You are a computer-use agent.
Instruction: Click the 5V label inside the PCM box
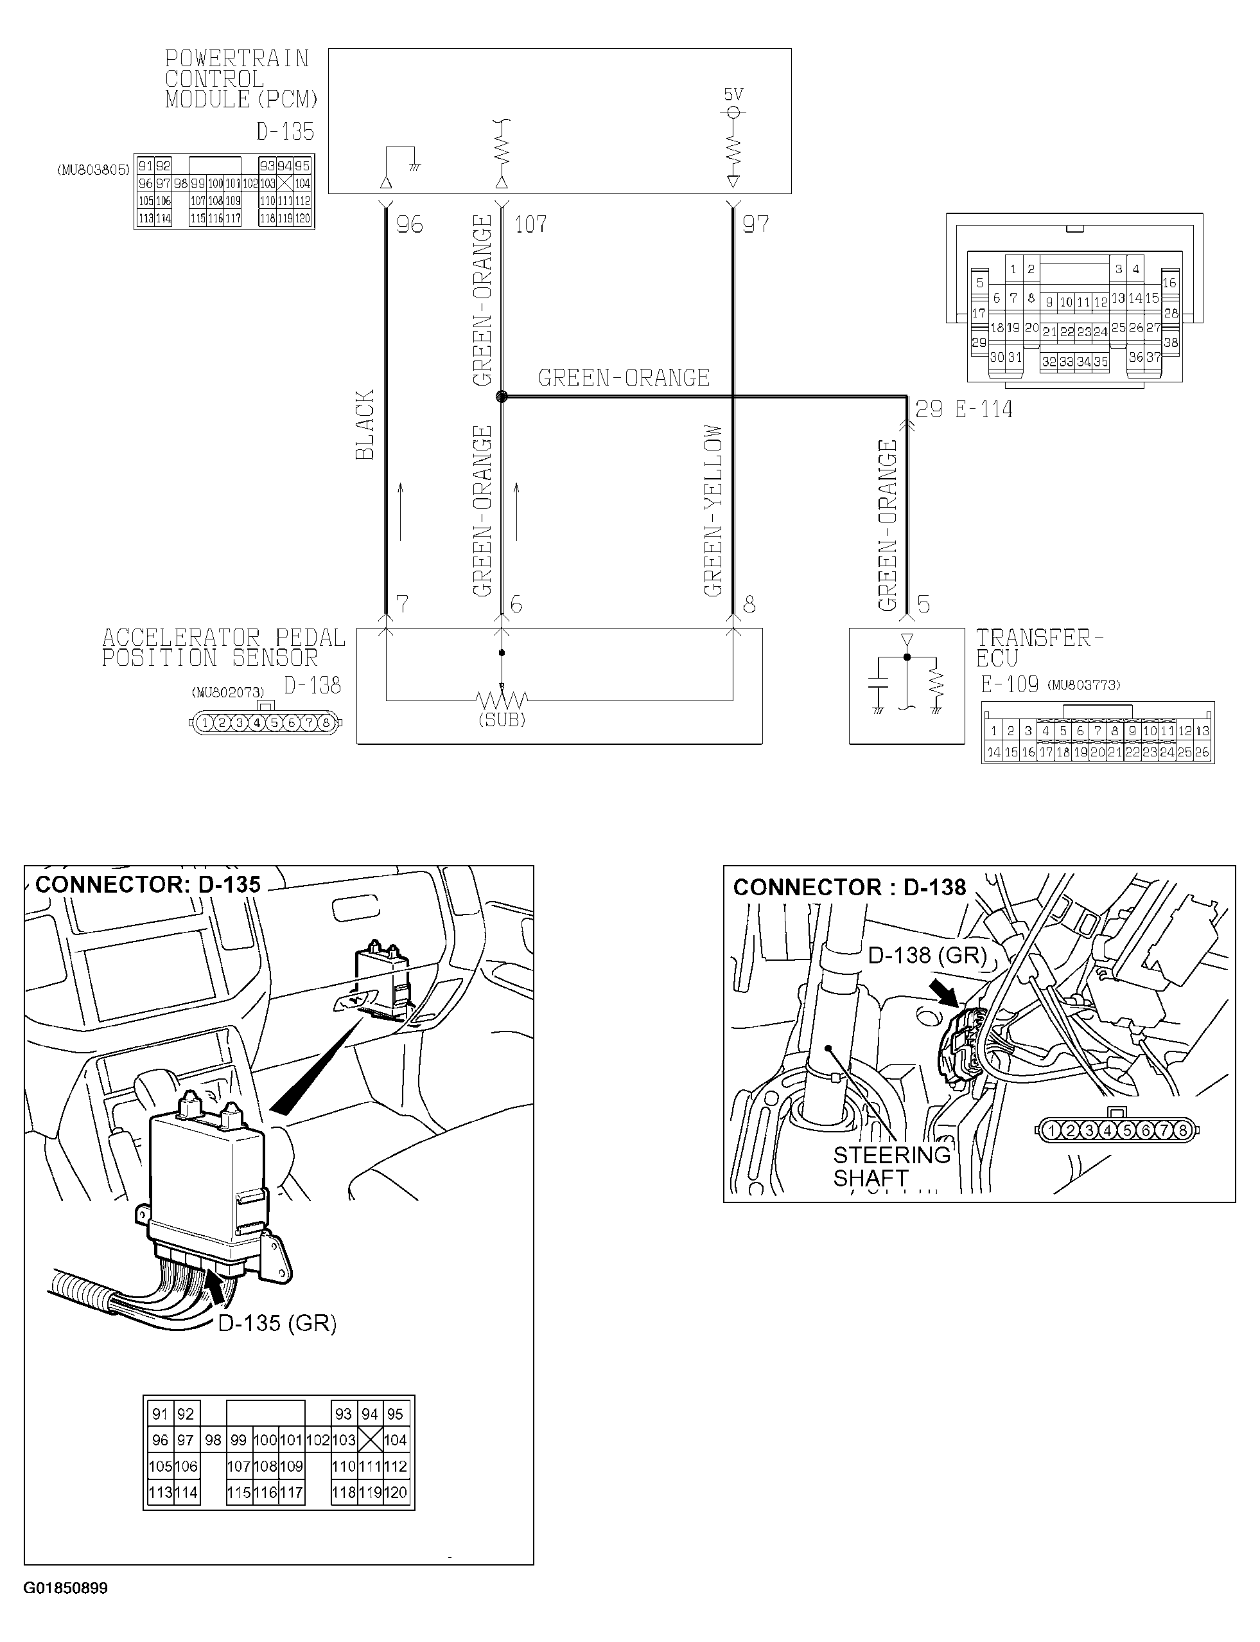[x=733, y=94]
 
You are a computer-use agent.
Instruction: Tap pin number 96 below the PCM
[x=410, y=224]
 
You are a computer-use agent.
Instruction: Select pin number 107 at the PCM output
[x=530, y=224]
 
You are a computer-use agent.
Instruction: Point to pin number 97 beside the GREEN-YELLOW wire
[x=755, y=224]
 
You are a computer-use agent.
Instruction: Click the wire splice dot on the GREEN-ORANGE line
[x=502, y=397]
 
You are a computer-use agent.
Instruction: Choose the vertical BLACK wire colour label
[x=365, y=425]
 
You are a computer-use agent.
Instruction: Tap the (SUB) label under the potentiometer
[x=502, y=720]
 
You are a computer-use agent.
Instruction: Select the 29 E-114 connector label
[x=964, y=410]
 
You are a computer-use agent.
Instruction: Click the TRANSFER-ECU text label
[x=1038, y=648]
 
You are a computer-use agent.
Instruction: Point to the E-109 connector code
[x=1010, y=684]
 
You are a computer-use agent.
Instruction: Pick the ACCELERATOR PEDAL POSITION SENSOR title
[x=223, y=648]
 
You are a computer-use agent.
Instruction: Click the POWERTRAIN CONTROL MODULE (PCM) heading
[x=241, y=79]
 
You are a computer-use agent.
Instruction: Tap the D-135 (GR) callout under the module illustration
[x=277, y=1323]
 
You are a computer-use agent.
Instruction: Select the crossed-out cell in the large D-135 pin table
[x=370, y=1440]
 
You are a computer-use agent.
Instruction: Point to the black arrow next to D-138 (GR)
[x=944, y=992]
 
